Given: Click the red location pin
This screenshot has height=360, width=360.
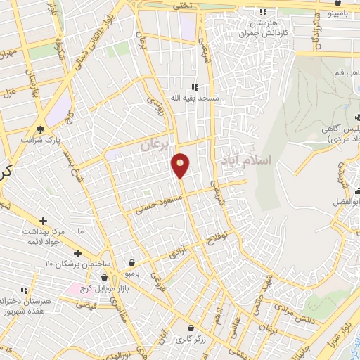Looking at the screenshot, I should click(181, 165).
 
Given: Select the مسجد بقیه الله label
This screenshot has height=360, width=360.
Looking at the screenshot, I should click(185, 98).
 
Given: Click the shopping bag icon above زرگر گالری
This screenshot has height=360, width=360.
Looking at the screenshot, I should click(191, 328).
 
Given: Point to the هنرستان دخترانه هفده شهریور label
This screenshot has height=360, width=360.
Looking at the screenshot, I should click(27, 305).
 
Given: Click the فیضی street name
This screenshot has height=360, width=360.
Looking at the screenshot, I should click(85, 306).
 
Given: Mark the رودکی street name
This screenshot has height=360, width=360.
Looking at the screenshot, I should click(154, 110).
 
